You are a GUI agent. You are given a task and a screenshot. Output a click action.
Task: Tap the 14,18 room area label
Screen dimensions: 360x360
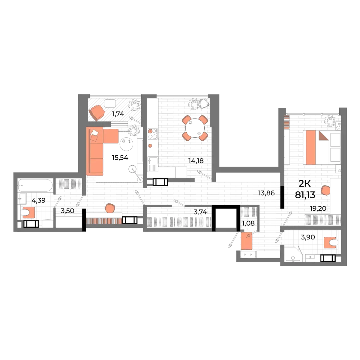point(196,161)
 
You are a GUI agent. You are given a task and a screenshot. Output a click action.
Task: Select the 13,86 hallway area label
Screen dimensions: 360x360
point(267,193)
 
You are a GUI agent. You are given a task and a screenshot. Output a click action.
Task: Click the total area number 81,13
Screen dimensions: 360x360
point(304,195)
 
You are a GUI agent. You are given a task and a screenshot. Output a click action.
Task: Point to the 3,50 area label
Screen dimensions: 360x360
point(67,211)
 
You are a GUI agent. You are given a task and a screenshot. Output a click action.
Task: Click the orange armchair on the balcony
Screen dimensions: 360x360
point(97,112)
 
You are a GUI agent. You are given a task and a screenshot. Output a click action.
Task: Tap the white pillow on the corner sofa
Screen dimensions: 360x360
point(95,134)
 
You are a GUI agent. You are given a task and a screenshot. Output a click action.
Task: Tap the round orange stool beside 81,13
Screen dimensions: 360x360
point(325,190)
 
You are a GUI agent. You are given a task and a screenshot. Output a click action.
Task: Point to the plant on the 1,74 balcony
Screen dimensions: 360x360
point(134,105)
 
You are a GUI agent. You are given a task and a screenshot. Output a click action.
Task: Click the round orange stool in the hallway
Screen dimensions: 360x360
point(110,208)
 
